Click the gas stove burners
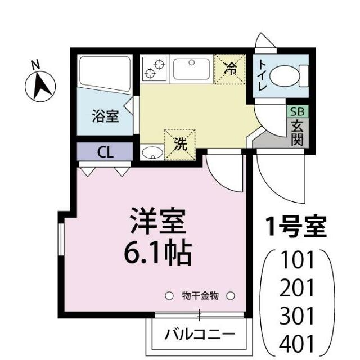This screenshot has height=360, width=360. click(x=154, y=69)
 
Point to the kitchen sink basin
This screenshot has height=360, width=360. click(x=191, y=69)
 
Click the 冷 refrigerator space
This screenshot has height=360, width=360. click(x=231, y=69)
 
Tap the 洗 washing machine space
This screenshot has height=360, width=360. click(x=179, y=143)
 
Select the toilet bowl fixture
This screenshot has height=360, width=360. click(x=293, y=74)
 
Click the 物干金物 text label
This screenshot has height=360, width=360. click(x=200, y=295)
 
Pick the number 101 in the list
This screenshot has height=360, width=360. click(x=298, y=262)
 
